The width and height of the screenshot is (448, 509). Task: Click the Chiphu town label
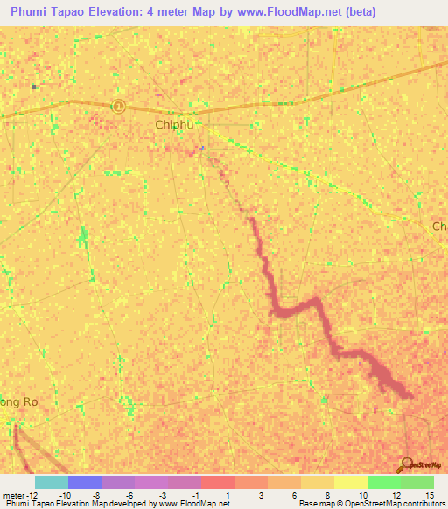pos(172,125)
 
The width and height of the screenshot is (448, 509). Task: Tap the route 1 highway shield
pos(119,106)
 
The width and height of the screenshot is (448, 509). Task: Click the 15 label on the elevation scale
pos(429,495)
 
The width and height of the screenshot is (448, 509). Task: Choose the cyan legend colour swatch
pos(52,482)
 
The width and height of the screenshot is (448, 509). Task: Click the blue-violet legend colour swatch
pos(85,482)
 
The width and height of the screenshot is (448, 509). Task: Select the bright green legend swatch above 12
pos(383,482)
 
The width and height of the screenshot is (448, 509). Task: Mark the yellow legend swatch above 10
pos(350,482)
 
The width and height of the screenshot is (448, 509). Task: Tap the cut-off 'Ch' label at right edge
pos(439,227)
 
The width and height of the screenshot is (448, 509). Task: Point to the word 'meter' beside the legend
pos(12,495)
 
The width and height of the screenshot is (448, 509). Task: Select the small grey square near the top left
pos(34,87)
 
